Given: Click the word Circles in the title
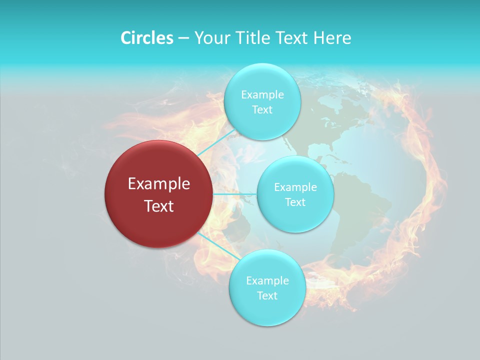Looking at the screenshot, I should [x=146, y=38].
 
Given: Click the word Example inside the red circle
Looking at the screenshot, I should [x=159, y=184].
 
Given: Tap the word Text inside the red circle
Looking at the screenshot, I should [x=159, y=206].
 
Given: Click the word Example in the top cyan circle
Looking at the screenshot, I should [x=262, y=95].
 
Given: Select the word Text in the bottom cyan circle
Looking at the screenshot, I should [x=267, y=295].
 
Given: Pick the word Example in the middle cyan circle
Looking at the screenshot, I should [x=295, y=187].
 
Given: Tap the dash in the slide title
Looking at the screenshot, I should [x=183, y=38].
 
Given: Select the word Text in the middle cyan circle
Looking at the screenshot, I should [x=295, y=202].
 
